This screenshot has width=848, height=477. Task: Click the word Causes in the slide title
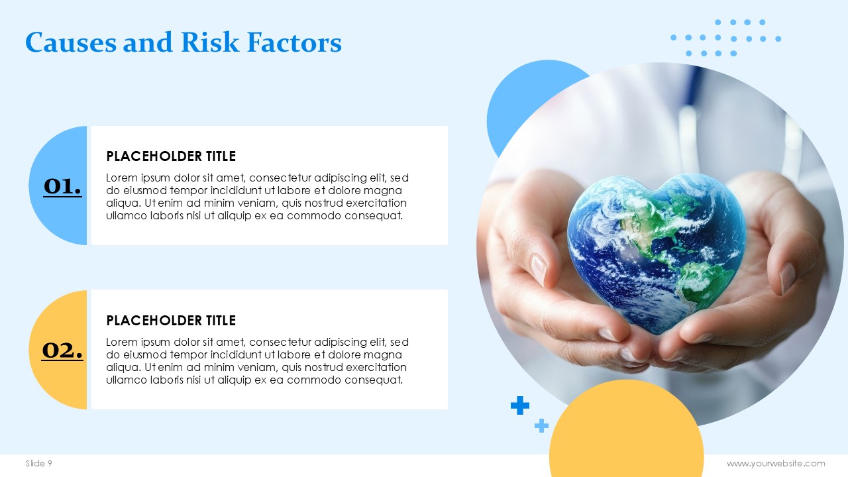tap(71, 42)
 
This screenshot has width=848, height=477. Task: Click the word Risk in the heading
tap(210, 42)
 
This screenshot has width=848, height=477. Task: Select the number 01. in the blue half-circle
tap(62, 187)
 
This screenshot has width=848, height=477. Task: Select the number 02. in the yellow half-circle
tap(62, 350)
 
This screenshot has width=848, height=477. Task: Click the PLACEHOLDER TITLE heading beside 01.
tap(171, 156)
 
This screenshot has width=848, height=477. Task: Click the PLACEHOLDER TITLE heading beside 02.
tap(171, 321)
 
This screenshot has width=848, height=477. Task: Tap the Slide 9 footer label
tap(38, 463)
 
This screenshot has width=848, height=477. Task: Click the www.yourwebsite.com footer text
tap(776, 463)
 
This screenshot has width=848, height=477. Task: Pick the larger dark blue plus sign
tap(520, 405)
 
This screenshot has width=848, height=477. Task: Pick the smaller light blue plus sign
tap(541, 425)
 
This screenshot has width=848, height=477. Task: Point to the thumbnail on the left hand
tap(539, 270)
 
